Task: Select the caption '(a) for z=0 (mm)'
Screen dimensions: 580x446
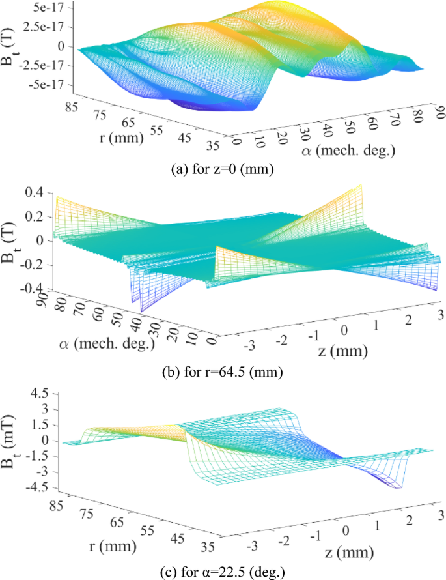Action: [x=221, y=171]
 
